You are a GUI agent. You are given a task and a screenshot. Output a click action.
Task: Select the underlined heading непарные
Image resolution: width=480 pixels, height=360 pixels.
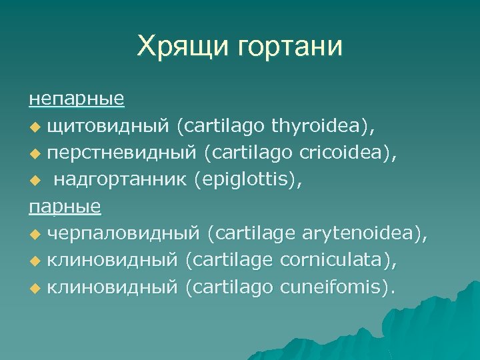click(76, 99)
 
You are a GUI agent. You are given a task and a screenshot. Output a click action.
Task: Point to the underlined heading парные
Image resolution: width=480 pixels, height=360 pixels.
click(65, 206)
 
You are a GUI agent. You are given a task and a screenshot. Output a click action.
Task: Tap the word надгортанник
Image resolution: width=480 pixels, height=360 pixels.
click(121, 179)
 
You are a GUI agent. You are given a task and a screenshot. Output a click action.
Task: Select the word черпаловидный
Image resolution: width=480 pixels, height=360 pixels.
click(124, 233)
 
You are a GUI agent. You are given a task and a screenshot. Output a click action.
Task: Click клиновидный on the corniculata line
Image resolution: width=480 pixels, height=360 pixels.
click(112, 260)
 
